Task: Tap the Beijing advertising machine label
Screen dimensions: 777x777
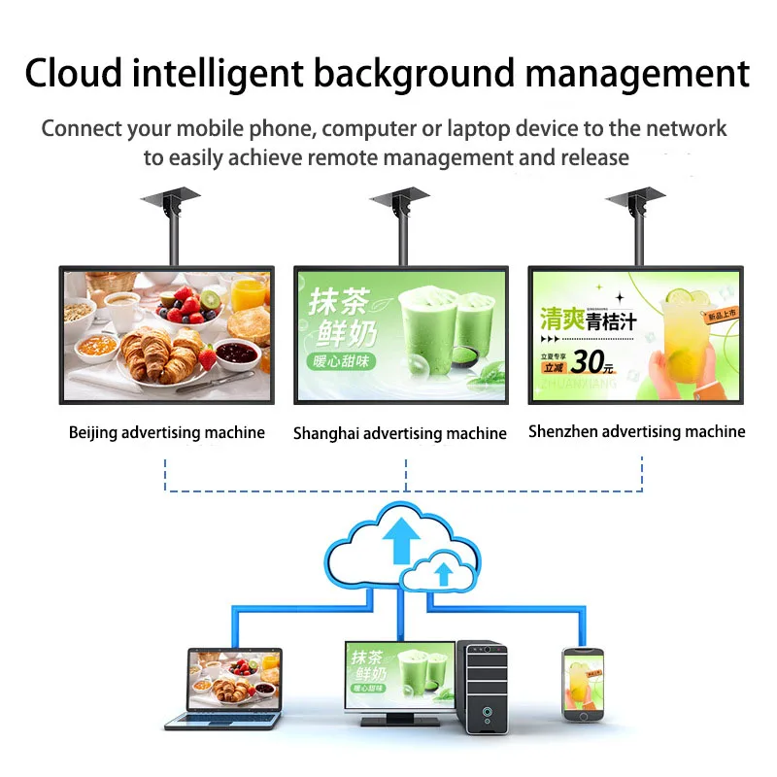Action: pyautogui.click(x=166, y=433)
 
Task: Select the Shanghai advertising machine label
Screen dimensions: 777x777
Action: pyautogui.click(x=399, y=434)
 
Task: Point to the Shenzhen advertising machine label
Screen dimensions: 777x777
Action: pyautogui.click(x=636, y=432)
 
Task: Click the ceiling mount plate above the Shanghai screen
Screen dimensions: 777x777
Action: pyautogui.click(x=399, y=198)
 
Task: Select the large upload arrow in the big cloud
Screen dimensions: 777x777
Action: pyautogui.click(x=399, y=540)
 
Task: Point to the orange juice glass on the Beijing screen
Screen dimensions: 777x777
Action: pyautogui.click(x=250, y=292)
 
